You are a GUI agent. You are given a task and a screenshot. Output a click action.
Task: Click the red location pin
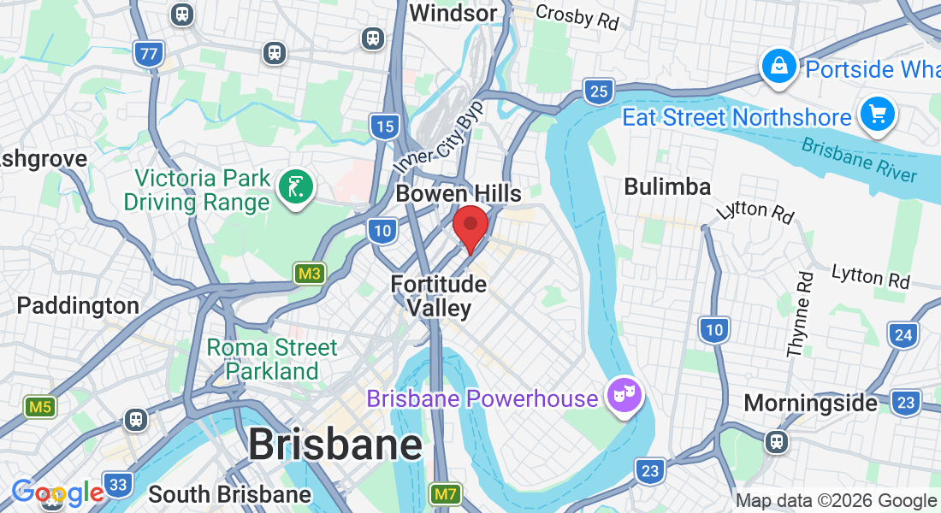470,226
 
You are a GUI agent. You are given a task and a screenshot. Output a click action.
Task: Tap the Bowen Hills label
459,194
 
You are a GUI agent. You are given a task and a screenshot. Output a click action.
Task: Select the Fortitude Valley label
439,296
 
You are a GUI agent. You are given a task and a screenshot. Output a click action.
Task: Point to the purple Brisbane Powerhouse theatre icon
624,396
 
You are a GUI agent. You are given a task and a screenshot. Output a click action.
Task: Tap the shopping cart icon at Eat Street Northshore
877,115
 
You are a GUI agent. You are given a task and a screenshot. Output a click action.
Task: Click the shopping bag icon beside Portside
779,67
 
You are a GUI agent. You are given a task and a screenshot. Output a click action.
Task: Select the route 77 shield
149,54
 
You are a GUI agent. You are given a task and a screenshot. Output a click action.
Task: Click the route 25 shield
600,91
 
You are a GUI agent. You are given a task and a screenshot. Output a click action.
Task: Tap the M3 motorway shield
310,274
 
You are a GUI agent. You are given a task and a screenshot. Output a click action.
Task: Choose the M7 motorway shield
446,493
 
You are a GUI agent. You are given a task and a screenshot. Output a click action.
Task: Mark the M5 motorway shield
40,407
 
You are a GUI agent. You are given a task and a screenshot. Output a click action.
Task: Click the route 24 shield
903,334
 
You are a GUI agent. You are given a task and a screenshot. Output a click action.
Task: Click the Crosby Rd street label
577,15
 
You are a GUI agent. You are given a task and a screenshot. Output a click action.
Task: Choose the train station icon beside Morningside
776,441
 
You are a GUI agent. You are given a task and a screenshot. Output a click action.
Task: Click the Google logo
57,493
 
